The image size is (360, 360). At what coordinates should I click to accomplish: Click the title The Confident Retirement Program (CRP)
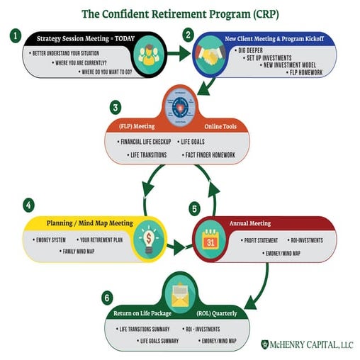[x=181, y=13]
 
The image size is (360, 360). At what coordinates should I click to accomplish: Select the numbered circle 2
[x=188, y=34]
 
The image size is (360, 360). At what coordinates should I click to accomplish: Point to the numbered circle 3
[x=116, y=108]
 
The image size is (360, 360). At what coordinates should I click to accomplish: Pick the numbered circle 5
[x=195, y=209]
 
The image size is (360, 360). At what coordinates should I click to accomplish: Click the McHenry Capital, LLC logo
[x=306, y=345]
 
